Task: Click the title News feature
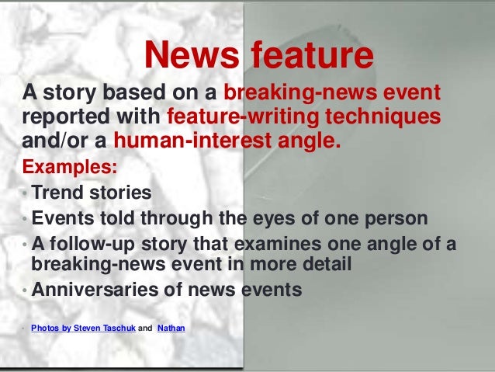click(x=259, y=55)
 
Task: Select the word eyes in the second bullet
click(x=299, y=217)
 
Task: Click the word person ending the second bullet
click(x=393, y=217)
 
